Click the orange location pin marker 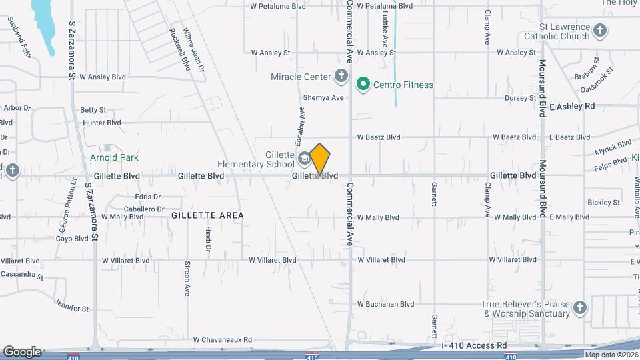[320, 159]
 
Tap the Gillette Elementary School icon [304, 158]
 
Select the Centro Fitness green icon [363, 85]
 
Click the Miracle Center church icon [341, 76]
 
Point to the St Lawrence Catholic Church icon [600, 31]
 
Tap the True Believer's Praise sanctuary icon [580, 308]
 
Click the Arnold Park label [114, 158]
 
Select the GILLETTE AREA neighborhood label [207, 215]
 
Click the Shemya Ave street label [323, 97]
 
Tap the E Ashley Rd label [572, 106]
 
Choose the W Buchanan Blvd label [386, 304]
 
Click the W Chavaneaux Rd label [223, 339]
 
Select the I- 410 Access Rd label [474, 345]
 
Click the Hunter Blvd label [102, 123]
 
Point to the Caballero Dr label [143, 209]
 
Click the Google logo [22, 352]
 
